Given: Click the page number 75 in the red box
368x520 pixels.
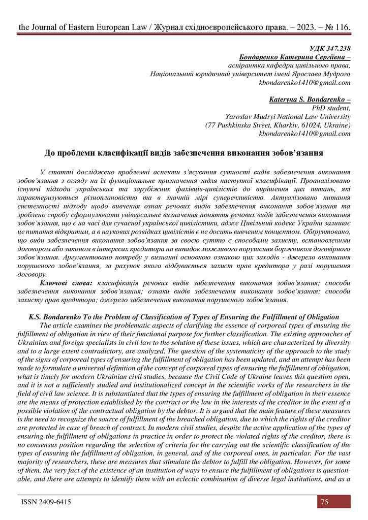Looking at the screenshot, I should click(324, 502).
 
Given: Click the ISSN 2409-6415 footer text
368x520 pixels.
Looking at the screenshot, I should click(46, 502).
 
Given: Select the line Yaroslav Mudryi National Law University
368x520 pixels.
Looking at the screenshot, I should click(288, 117).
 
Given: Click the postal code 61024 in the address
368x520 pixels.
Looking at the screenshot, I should click(309, 125).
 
